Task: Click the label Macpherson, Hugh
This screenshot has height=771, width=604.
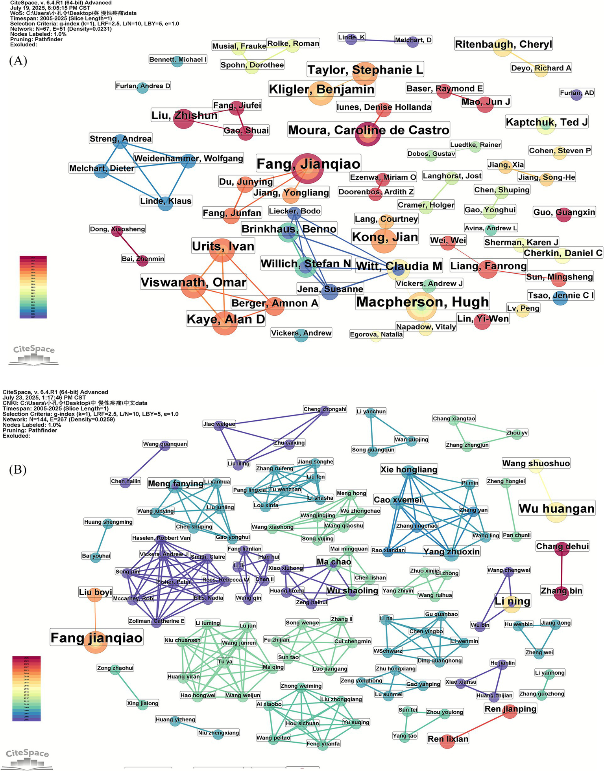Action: [422, 302]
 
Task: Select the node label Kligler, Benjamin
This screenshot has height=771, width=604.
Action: [321, 89]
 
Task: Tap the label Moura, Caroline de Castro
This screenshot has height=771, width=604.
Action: [368, 130]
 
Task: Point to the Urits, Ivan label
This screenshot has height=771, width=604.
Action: [223, 246]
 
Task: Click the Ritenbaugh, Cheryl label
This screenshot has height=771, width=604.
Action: [503, 44]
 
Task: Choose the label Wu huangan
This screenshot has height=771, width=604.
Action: [556, 508]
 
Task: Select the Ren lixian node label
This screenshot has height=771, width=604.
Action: [448, 739]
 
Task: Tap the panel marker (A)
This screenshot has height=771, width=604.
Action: [18, 61]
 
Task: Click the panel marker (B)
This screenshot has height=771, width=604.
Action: [18, 469]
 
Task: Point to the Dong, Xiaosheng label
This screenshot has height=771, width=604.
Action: [117, 229]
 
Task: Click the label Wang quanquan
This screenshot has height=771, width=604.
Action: [165, 444]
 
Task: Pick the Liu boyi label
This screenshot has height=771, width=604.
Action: [96, 592]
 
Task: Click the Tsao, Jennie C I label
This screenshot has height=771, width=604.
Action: [561, 295]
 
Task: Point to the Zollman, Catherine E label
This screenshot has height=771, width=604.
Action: [156, 621]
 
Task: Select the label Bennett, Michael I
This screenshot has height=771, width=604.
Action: [177, 59]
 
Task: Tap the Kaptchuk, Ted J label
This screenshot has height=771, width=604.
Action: [547, 122]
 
